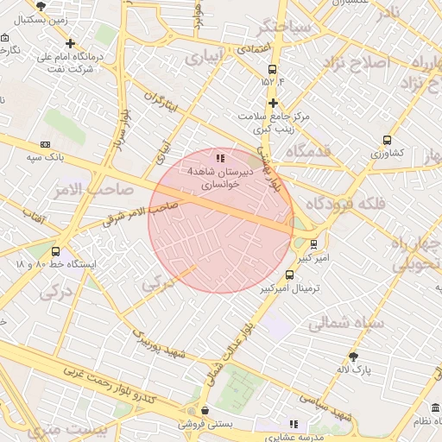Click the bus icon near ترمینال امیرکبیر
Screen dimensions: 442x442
pyautogui.click(x=288, y=275)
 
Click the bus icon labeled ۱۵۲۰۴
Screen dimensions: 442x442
pyautogui.click(x=273, y=70)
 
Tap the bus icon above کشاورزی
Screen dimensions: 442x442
pyautogui.click(x=387, y=139)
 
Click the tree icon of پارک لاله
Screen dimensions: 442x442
pyautogui.click(x=353, y=357)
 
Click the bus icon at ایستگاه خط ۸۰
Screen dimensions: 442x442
pyautogui.click(x=56, y=250)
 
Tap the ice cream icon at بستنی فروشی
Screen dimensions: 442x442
pyautogui.click(x=205, y=411)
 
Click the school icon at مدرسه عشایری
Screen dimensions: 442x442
pyautogui.click(x=294, y=424)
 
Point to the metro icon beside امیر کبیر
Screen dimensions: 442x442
pyautogui.click(x=313, y=243)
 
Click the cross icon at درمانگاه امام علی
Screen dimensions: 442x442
pyautogui.click(x=71, y=43)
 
